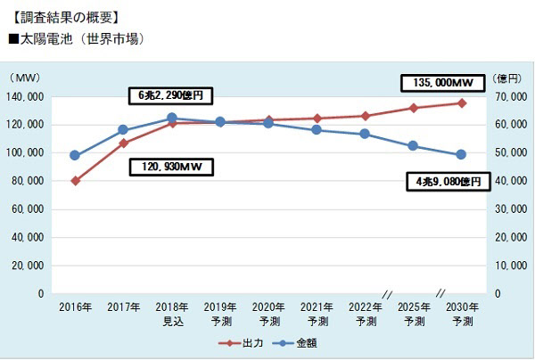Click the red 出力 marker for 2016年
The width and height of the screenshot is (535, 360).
76,181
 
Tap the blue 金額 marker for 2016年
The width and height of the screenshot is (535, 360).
76,155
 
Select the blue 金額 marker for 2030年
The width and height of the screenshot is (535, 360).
461,155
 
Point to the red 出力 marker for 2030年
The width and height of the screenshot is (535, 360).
461,103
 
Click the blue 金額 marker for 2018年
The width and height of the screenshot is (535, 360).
172,118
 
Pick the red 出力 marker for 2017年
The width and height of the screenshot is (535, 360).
124,143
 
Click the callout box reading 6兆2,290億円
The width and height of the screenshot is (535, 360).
171,94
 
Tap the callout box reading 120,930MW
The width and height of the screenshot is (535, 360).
171,166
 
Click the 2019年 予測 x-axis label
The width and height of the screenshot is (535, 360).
220,314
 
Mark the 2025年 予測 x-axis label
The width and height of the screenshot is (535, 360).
413,314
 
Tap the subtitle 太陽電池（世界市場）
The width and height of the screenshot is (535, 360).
75,39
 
